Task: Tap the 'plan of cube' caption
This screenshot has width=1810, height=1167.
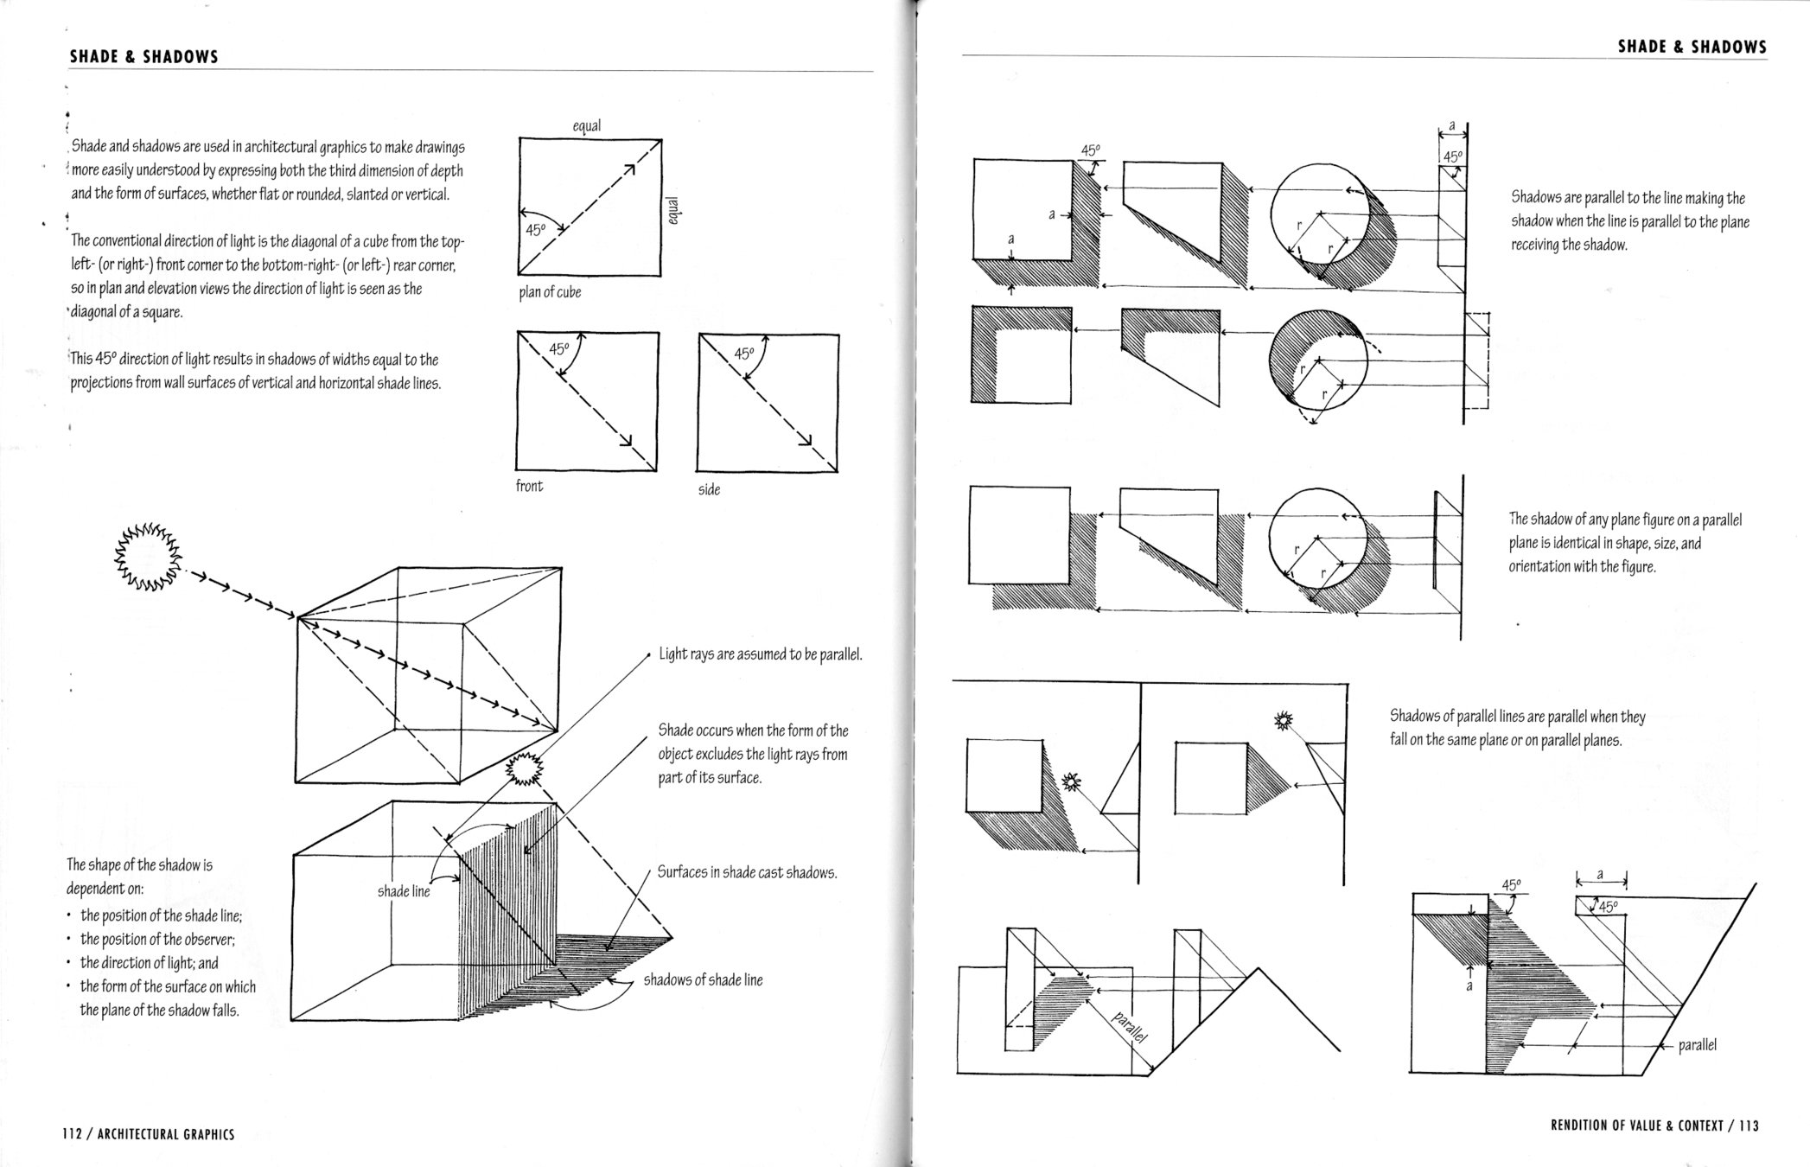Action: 550,292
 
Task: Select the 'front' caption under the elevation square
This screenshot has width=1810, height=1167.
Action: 529,486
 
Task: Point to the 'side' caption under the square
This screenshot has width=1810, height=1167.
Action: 709,489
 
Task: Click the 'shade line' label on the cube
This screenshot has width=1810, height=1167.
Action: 403,891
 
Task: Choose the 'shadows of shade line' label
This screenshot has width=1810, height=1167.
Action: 703,979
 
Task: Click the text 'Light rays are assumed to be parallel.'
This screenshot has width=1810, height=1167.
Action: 761,654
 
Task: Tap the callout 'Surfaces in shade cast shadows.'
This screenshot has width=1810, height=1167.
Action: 747,872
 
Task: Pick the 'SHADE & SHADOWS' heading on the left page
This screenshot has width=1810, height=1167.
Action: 143,57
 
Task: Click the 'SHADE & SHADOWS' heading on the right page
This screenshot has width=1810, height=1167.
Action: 1692,48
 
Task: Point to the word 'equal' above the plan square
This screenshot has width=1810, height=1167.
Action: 587,126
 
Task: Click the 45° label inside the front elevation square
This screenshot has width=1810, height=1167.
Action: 559,349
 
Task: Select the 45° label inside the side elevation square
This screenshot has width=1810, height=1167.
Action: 744,354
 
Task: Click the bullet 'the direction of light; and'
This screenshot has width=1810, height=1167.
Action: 149,962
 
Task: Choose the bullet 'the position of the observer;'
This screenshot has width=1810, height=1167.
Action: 157,939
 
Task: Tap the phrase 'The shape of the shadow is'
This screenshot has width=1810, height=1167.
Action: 139,864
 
